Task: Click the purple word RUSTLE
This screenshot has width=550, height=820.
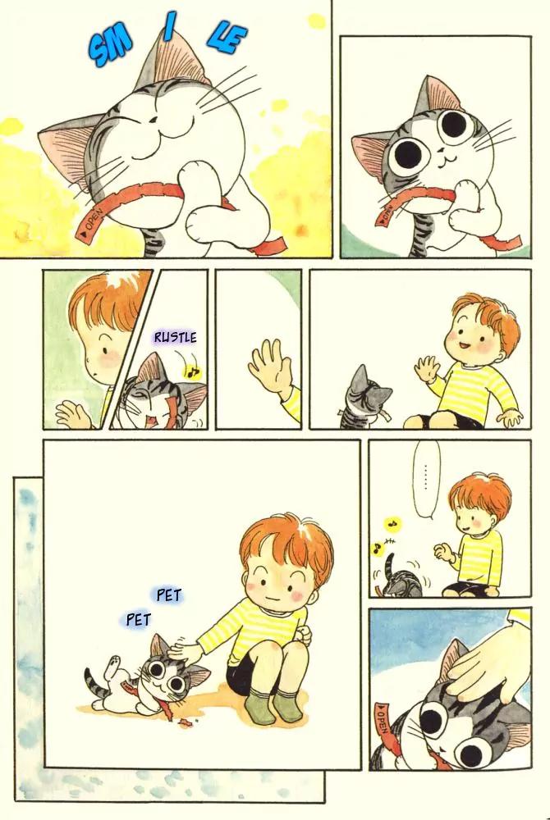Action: click(176, 337)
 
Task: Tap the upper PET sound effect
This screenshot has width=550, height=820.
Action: click(168, 594)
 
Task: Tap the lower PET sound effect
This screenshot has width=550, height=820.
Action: click(139, 620)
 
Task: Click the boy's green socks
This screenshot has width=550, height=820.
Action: click(275, 705)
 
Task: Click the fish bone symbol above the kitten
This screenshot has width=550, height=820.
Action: click(389, 542)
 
